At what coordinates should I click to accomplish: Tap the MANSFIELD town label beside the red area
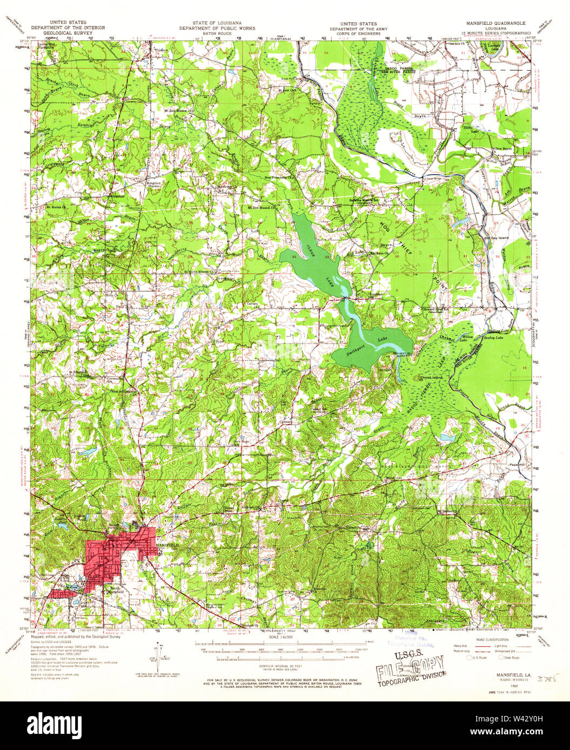(x=166, y=546)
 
